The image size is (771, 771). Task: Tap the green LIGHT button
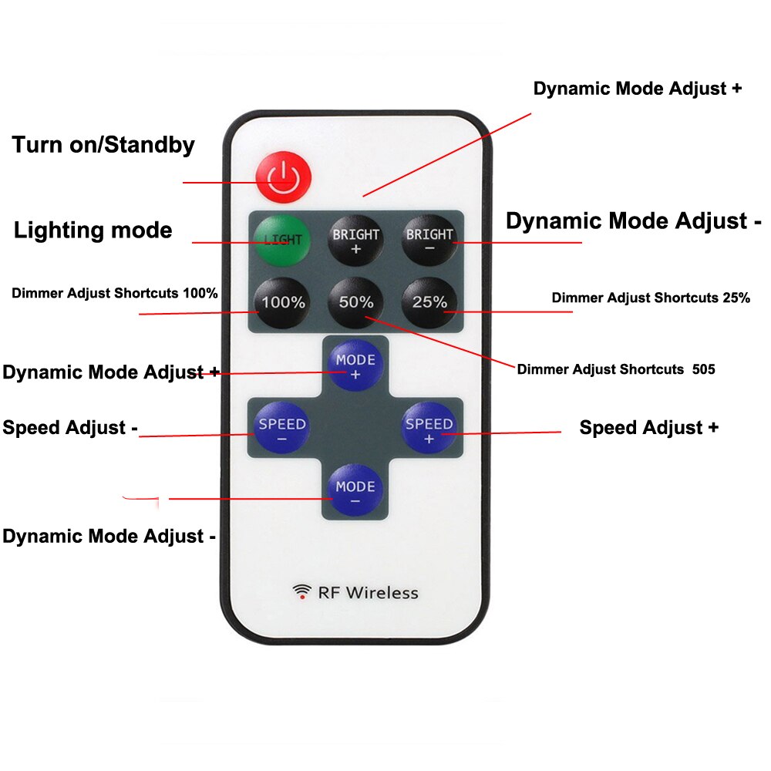[282, 239]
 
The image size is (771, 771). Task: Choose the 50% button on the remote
[355, 302]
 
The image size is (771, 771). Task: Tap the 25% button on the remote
[429, 302]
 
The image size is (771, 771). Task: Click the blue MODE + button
[355, 366]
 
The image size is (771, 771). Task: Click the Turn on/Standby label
[103, 145]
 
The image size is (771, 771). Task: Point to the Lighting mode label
[93, 230]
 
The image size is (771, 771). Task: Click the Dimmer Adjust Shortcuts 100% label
[115, 293]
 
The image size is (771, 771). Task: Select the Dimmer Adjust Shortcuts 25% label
[651, 298]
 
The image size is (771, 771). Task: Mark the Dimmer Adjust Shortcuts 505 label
[616, 369]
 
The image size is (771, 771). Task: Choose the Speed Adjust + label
[648, 428]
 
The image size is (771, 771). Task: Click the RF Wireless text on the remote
[368, 592]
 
